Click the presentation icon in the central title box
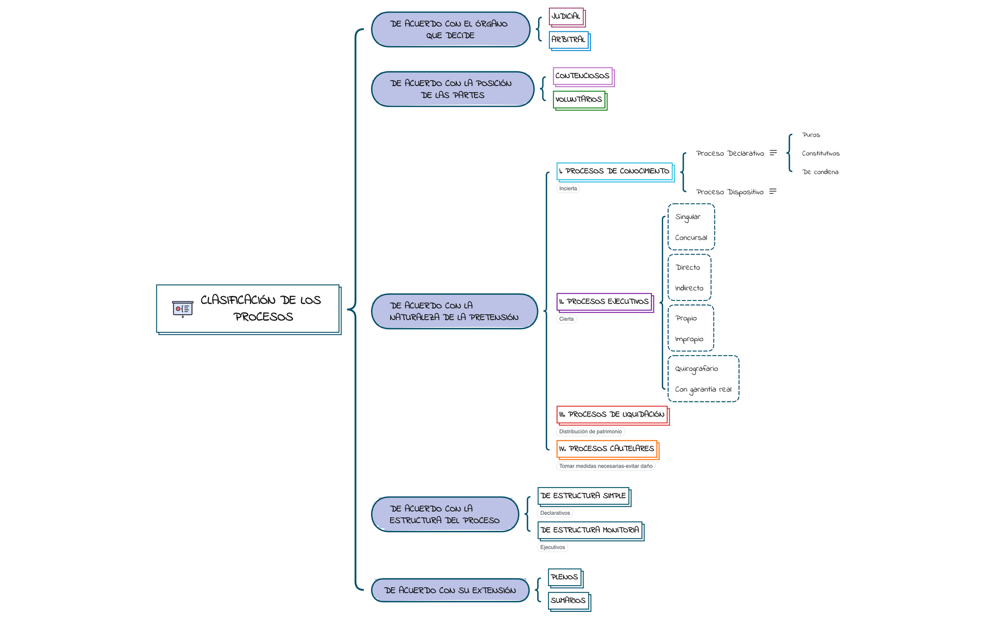point(183,309)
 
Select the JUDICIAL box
point(566,17)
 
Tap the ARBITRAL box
point(569,40)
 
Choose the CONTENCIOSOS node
point(583,76)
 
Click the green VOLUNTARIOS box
point(579,100)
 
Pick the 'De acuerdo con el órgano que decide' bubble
point(450,30)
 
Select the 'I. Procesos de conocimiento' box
point(615,171)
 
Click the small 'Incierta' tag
point(568,189)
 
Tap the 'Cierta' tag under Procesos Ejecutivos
point(566,319)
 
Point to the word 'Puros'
point(811,135)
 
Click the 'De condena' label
point(820,172)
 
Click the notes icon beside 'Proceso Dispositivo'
point(773,191)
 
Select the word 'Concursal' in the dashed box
point(691,238)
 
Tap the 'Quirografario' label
point(696,369)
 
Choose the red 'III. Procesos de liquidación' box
point(612,415)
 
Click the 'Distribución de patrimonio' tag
point(590,432)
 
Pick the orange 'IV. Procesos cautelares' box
point(607,449)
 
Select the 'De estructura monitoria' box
point(590,530)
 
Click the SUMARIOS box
point(568,601)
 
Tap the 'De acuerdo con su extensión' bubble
point(450,591)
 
